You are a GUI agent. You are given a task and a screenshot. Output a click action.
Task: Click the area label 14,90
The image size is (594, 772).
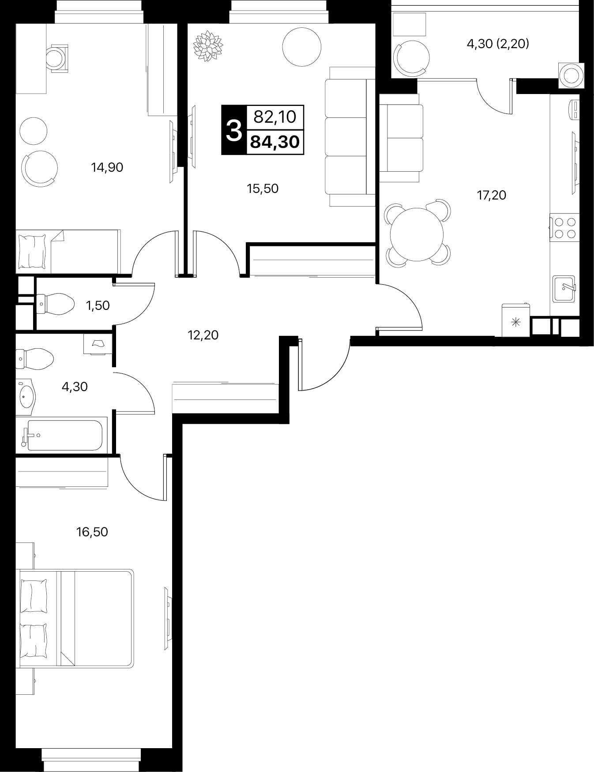tap(107, 167)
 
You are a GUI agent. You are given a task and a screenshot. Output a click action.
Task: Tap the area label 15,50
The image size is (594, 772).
tap(263, 188)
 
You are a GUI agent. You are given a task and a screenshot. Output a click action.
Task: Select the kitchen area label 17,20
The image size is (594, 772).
tap(491, 195)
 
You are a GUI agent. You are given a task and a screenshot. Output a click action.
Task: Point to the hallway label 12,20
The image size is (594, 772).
tap(203, 335)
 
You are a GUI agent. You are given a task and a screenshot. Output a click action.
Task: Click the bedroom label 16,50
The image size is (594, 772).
tap(92, 532)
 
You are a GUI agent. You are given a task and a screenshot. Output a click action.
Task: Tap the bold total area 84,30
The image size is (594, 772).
tap(275, 142)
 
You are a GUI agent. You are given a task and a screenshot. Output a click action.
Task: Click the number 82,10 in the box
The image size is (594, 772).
tap(274, 117)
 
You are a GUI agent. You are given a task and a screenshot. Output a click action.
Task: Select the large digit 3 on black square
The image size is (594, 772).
tap(234, 130)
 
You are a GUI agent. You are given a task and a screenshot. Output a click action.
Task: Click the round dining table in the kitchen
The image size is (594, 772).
tap(417, 233)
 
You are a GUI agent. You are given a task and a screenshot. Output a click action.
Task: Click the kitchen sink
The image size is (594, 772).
tap(564, 289)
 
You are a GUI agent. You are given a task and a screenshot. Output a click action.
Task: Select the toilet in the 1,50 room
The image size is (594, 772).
tap(55, 304)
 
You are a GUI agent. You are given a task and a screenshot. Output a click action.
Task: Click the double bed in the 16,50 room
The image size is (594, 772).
tap(75, 618)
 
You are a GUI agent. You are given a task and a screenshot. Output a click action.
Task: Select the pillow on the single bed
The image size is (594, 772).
tap(32, 252)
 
